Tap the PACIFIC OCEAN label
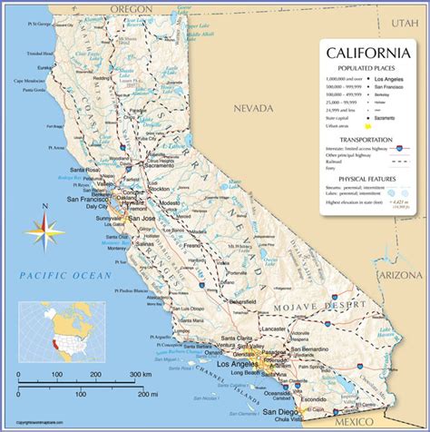67,274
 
